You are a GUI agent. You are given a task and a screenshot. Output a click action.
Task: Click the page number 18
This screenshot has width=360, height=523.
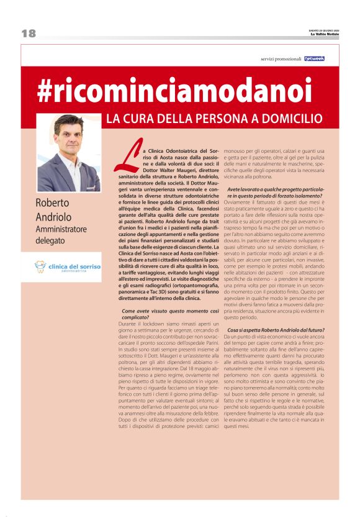pyautogui.click(x=28, y=34)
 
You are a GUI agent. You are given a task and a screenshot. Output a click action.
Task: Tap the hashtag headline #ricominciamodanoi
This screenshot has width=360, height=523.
pyautogui.click(x=173, y=91)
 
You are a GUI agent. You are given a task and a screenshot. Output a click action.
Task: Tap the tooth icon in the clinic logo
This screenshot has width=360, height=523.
pyautogui.click(x=40, y=267)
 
